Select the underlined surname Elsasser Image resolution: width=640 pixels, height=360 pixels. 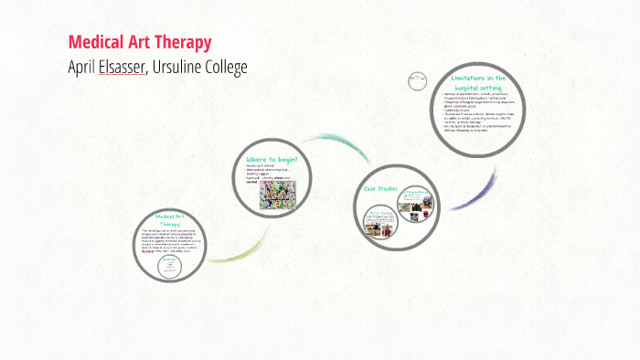tap(122, 68)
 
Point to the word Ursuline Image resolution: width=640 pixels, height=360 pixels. tap(183, 68)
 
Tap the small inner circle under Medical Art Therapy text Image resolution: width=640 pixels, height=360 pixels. tap(169, 263)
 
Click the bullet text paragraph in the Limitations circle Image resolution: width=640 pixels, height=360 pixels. tap(481, 115)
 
